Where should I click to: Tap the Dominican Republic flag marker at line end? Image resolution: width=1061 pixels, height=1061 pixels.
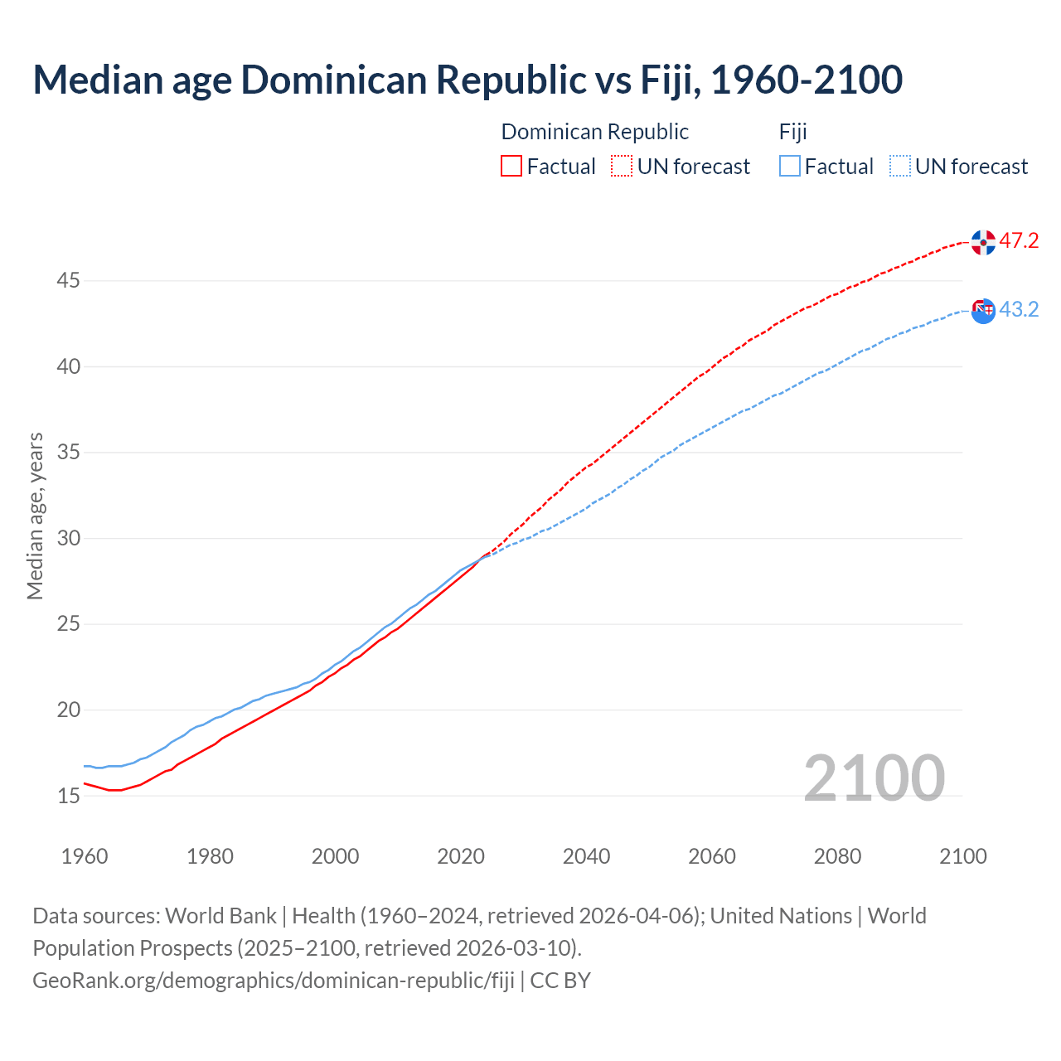[983, 243]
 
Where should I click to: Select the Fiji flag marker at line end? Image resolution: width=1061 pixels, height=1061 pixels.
[983, 311]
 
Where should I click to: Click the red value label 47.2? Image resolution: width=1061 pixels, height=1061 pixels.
[1019, 241]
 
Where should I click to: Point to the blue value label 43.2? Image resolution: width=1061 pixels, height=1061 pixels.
[1019, 310]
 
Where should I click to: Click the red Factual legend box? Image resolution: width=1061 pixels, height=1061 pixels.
[511, 167]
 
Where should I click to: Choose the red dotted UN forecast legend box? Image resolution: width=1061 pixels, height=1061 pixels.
[622, 167]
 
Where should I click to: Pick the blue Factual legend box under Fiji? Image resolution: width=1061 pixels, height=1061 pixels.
[790, 167]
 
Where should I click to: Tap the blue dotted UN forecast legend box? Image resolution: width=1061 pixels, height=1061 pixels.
[899, 167]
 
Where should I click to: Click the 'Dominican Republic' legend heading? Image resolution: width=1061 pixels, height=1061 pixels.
[594, 132]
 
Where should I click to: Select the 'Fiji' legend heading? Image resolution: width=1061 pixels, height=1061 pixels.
[792, 132]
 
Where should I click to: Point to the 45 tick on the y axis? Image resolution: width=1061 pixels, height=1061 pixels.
[68, 281]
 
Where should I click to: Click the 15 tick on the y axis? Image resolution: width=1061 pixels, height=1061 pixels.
[68, 796]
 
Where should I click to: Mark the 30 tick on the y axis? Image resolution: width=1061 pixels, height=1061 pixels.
[68, 539]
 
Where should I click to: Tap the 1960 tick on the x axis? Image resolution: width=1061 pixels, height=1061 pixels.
[85, 856]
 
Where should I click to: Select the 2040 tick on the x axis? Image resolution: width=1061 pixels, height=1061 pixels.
[586, 856]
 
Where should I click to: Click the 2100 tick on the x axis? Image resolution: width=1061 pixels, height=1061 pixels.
[962, 856]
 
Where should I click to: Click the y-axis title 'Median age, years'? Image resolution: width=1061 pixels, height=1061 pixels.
[35, 516]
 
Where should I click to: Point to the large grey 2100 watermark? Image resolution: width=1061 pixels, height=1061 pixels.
[874, 778]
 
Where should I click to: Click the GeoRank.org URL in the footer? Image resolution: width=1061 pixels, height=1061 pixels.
[274, 981]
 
